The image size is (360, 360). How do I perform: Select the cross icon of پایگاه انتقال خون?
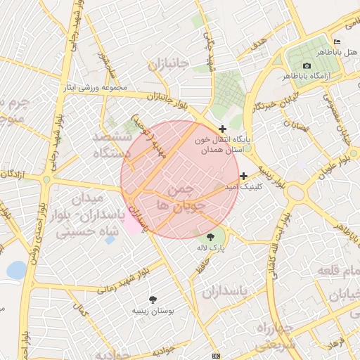click(x=223, y=129)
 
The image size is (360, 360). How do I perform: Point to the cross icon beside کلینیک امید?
click(x=244, y=176)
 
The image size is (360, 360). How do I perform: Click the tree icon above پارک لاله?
click(x=211, y=237)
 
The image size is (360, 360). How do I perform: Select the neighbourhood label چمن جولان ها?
click(x=181, y=198)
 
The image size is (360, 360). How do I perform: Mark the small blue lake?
click(x=15, y=269)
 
